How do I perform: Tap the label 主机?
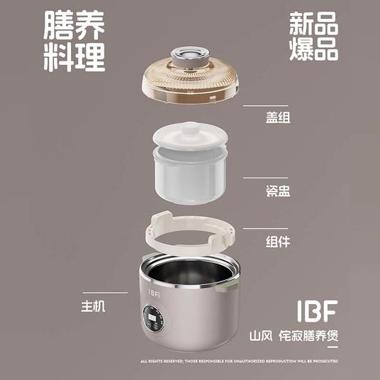95,307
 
